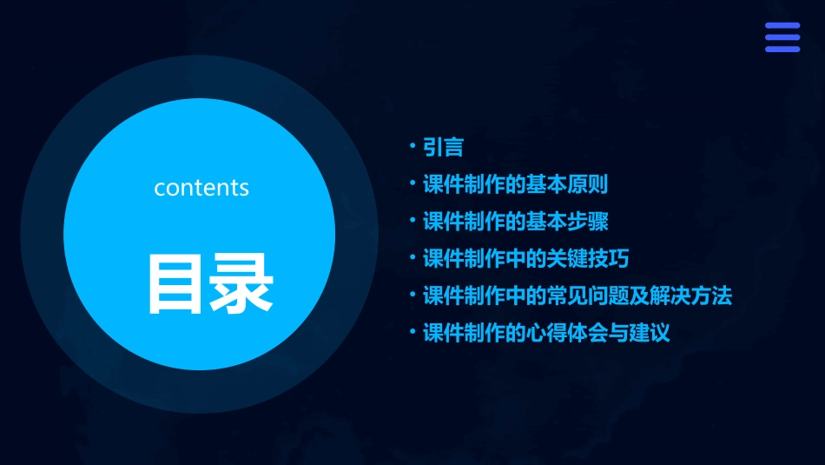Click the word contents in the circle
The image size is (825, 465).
coord(201,188)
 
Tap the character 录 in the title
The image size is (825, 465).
coord(241,283)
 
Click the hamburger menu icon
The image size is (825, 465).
coord(782,37)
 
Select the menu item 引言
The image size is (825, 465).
coord(443,147)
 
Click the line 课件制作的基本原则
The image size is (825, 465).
coord(515,184)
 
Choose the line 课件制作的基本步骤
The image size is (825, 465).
coord(515,222)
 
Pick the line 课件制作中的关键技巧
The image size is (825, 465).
coord(525,259)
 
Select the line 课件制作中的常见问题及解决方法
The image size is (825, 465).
coord(577,296)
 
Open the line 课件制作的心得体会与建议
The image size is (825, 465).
coord(546,334)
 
